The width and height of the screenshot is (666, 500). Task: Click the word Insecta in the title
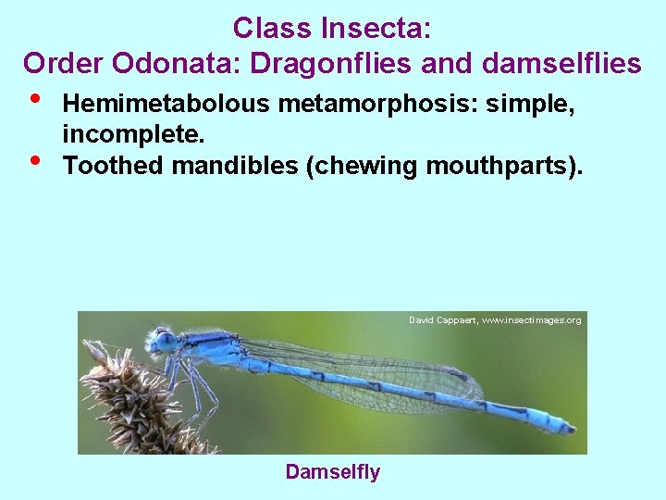376,29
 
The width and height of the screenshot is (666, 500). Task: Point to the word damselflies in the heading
561,63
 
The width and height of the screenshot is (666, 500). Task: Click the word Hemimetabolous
166,105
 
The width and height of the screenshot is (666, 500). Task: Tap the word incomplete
133,135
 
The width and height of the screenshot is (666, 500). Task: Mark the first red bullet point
34,99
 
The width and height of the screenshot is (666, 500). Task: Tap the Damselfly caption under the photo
332,472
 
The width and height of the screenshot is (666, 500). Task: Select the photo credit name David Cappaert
442,320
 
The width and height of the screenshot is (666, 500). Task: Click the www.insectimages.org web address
532,320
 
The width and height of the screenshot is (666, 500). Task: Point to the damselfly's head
165,342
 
